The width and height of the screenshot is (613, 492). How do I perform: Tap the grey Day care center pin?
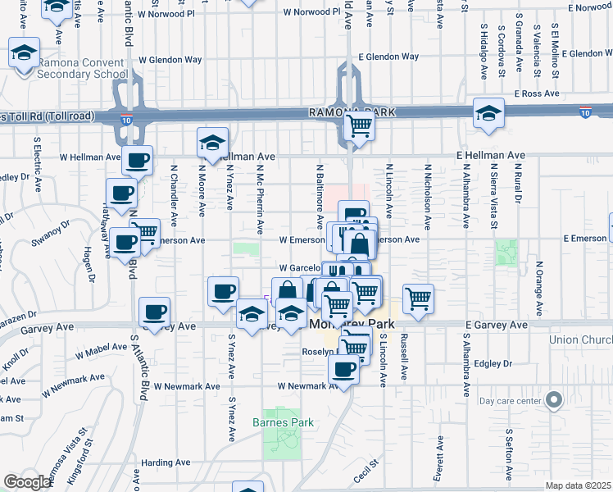pyautogui.click(x=555, y=400)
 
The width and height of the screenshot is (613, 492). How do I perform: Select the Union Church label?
pyautogui.click(x=583, y=340)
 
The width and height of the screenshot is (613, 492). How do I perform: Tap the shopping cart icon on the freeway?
pyautogui.click(x=358, y=126)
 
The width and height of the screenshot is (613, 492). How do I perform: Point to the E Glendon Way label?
pyautogui.click(x=388, y=57)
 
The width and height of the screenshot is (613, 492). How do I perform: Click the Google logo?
pyautogui.click(x=27, y=482)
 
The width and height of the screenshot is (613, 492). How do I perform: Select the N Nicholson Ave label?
pyautogui.click(x=427, y=197)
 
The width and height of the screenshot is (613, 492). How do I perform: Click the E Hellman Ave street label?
pyautogui.click(x=492, y=155)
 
